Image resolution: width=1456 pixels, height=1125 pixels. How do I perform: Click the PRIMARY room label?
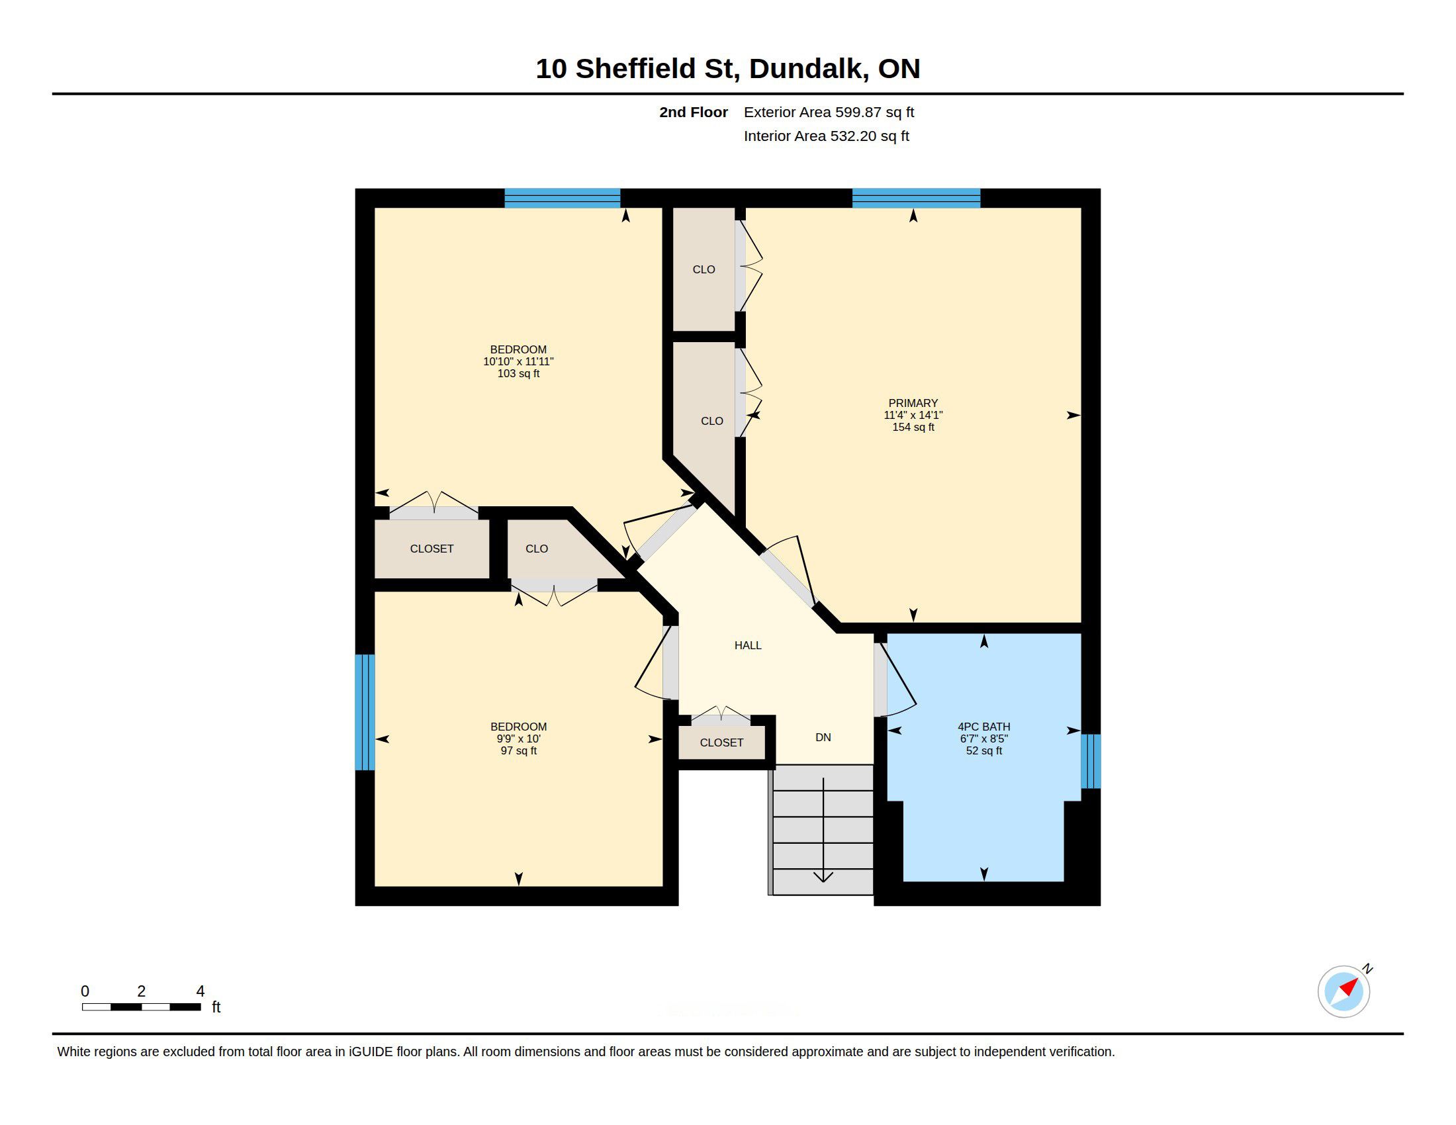point(913,403)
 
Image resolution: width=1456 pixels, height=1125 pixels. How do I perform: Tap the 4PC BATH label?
point(984,727)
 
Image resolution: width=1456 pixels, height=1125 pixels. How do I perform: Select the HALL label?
point(748,645)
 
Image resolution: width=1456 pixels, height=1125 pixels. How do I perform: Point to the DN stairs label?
point(823,737)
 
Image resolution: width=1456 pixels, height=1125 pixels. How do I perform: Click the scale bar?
point(142,1007)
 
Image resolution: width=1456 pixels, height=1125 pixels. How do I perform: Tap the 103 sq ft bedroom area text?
point(519,374)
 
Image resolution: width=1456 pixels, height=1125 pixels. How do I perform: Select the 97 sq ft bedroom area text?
point(519,751)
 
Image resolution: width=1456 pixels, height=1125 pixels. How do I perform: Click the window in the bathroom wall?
point(1091,761)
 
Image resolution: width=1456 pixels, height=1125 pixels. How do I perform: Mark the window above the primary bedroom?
point(916,198)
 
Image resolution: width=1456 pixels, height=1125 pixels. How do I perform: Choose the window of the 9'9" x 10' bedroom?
point(365,712)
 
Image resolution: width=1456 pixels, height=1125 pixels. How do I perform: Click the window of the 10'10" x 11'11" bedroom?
point(562,198)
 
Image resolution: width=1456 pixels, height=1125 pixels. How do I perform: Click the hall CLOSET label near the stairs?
point(721,742)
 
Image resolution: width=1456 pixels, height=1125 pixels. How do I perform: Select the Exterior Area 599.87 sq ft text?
point(829,112)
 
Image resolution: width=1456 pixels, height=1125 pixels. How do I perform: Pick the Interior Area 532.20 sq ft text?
point(826,136)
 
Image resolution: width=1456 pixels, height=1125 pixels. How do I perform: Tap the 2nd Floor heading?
point(694,112)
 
